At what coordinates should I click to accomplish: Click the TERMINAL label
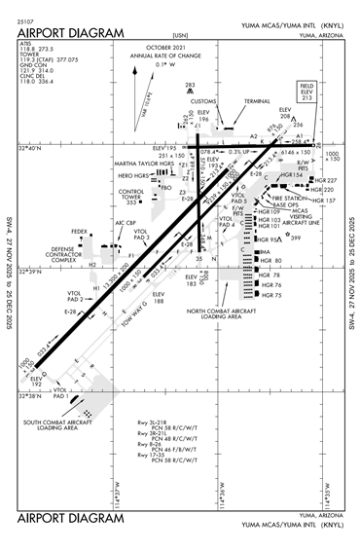tap(257, 100)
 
